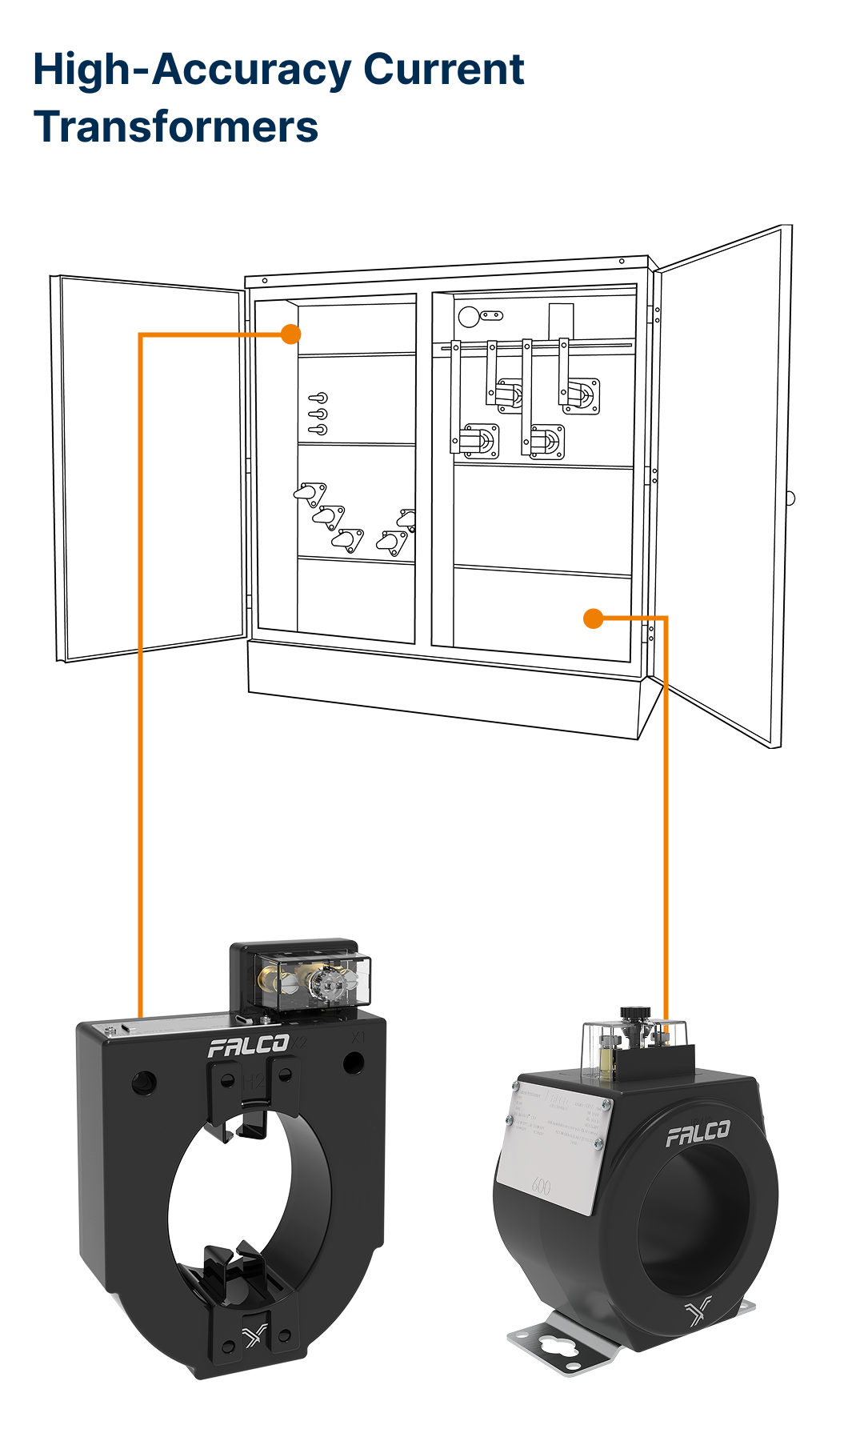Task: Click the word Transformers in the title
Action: (x=176, y=127)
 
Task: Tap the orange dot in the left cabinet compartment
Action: (x=291, y=334)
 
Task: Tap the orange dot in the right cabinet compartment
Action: (x=593, y=618)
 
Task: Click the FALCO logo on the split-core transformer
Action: (x=248, y=1046)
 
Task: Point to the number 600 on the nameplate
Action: (x=541, y=1187)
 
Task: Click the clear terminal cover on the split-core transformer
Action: (x=312, y=980)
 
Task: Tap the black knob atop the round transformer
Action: (x=635, y=1014)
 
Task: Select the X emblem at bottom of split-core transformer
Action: (x=254, y=1335)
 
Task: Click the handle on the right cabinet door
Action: (x=790, y=498)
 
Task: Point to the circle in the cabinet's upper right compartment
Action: (x=468, y=317)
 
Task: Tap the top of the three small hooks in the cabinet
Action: (x=318, y=398)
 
